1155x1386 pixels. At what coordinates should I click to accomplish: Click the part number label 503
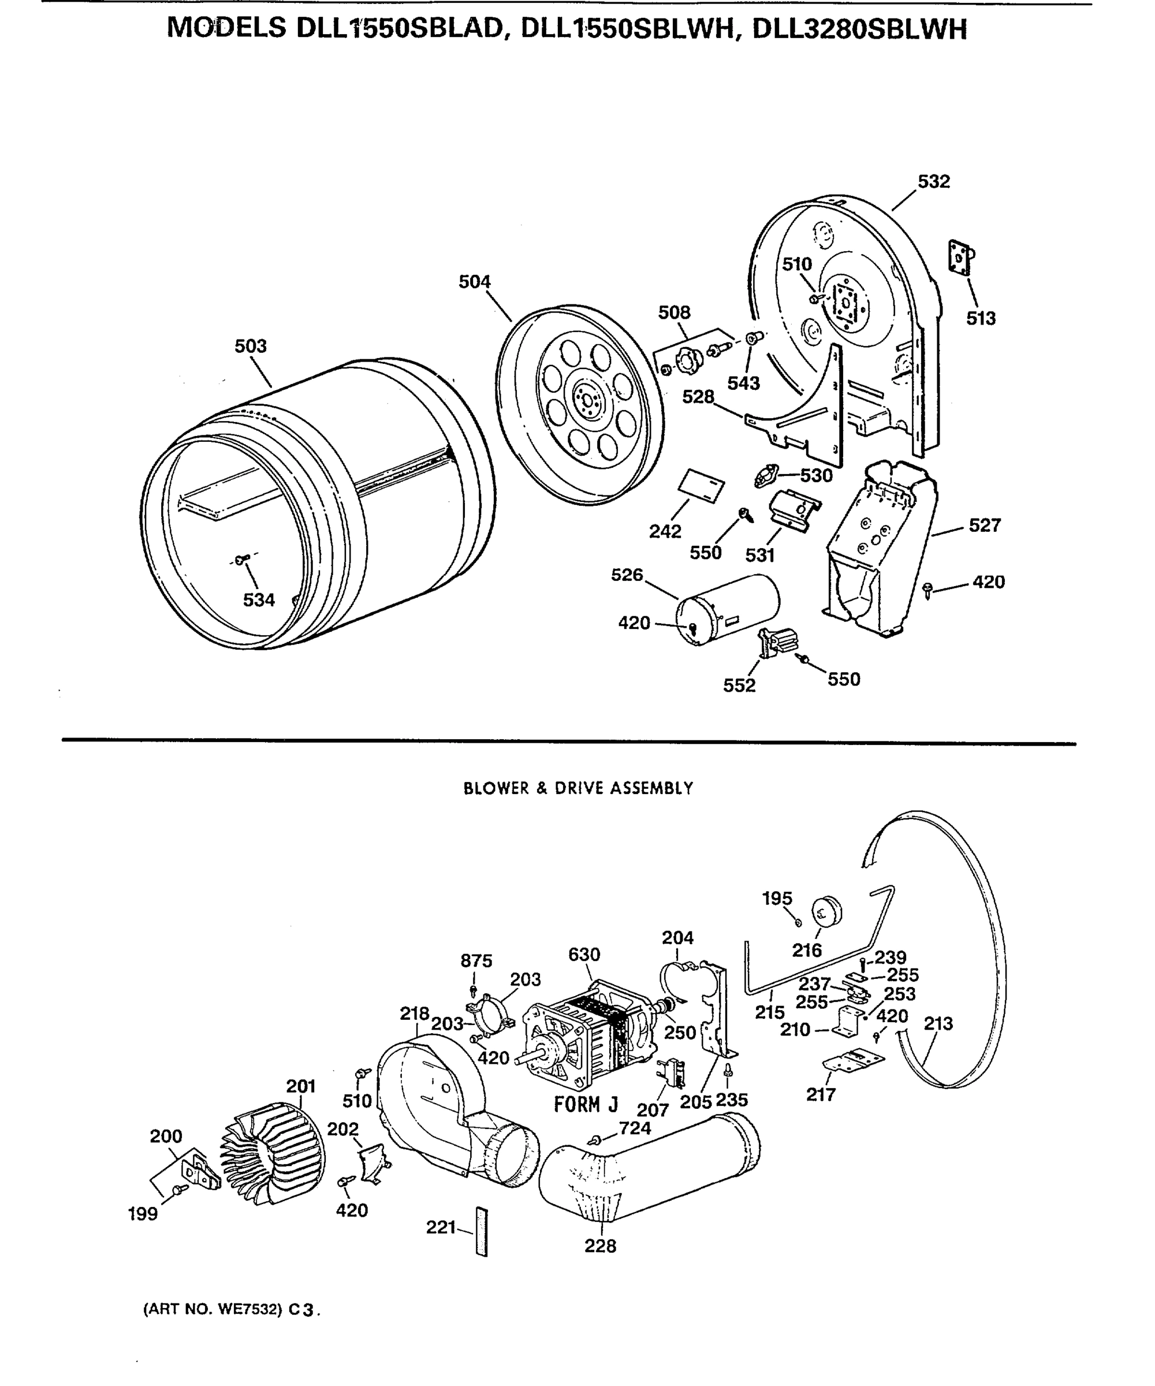(251, 346)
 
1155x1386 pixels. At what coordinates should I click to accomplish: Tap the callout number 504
(475, 282)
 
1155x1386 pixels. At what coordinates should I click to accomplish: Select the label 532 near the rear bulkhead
(933, 181)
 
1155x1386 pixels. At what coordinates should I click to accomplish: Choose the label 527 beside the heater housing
(985, 526)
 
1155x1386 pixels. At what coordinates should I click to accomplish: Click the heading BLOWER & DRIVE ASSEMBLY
(578, 789)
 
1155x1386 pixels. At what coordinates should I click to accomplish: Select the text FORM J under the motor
(586, 1104)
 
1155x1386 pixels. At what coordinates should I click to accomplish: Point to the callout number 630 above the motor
(584, 955)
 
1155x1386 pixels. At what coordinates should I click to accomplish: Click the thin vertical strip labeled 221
(481, 1232)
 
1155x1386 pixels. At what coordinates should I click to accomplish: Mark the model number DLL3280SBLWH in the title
(859, 29)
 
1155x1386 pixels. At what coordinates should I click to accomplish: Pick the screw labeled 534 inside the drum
(240, 560)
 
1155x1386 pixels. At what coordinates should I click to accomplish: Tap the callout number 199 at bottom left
(143, 1214)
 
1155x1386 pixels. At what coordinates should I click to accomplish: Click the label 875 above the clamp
(476, 961)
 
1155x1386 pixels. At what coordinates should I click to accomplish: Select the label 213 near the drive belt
(938, 1024)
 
